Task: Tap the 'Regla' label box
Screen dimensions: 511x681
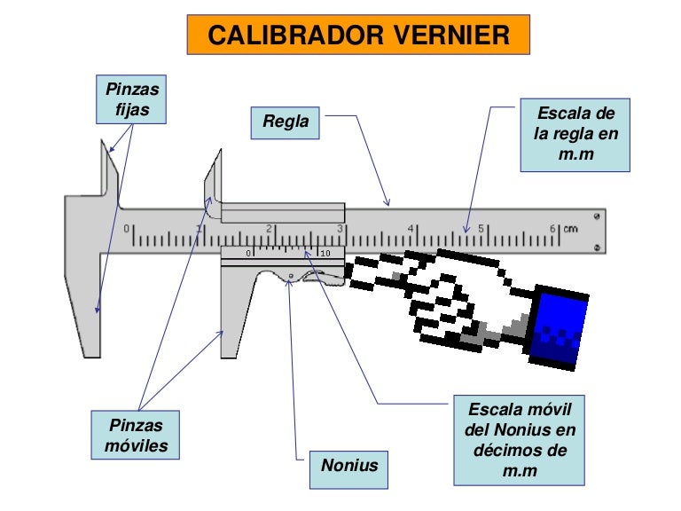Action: (286, 122)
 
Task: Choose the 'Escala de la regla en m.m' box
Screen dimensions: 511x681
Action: (575, 135)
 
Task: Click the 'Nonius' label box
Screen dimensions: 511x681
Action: (349, 465)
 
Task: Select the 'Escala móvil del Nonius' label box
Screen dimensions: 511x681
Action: (519, 440)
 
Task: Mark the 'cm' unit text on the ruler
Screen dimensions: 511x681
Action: (570, 229)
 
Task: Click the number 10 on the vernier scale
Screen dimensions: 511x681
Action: (325, 254)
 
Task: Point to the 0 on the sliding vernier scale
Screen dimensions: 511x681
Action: (249, 254)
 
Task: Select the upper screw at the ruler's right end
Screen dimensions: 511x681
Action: (596, 216)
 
